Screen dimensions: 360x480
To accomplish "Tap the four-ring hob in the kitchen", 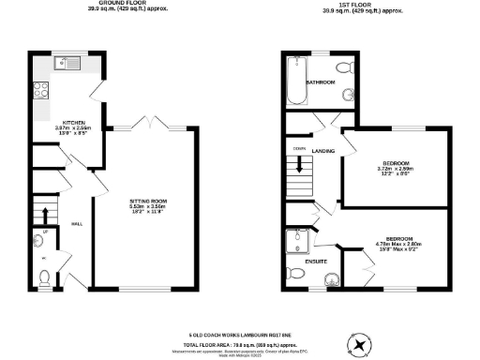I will [42, 91].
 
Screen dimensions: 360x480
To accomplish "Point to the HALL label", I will [77, 225].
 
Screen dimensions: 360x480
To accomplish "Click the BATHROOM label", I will [322, 82].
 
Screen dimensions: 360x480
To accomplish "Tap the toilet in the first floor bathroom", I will [343, 67].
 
